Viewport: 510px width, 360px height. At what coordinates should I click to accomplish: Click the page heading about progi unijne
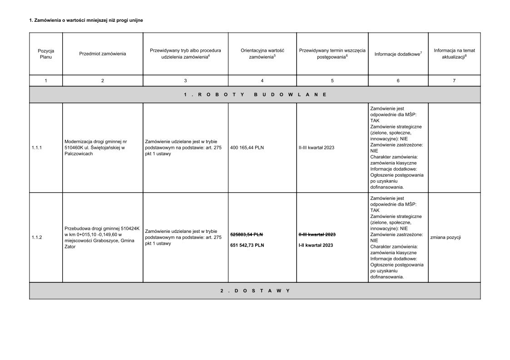(89, 20)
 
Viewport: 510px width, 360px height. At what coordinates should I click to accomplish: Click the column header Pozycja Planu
(45, 54)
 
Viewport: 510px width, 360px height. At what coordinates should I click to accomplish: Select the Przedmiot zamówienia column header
(103, 54)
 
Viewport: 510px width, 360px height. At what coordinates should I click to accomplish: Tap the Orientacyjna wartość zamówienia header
(262, 54)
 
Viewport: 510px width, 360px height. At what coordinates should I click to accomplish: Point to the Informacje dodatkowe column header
(398, 54)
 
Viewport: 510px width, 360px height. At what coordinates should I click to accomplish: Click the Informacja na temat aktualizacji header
(454, 54)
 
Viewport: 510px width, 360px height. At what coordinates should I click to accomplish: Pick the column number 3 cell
(185, 80)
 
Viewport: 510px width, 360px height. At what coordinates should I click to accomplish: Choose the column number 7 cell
(454, 80)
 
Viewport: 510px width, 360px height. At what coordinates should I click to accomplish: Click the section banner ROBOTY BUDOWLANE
(255, 94)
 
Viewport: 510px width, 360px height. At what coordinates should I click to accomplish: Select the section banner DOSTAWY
(255, 291)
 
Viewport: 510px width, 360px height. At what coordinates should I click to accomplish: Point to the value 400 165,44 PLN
(247, 148)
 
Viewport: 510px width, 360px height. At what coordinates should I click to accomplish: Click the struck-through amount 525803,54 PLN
(247, 234)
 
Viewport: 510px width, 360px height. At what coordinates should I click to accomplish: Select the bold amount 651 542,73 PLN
(247, 245)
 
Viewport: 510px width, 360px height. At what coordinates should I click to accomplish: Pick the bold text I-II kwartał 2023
(316, 245)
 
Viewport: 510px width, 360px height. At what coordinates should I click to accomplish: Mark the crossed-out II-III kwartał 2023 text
(317, 234)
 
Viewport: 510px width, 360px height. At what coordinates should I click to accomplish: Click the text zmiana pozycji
(445, 237)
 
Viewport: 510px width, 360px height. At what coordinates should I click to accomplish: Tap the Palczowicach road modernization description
(96, 148)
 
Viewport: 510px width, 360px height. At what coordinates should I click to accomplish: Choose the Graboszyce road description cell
(102, 237)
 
